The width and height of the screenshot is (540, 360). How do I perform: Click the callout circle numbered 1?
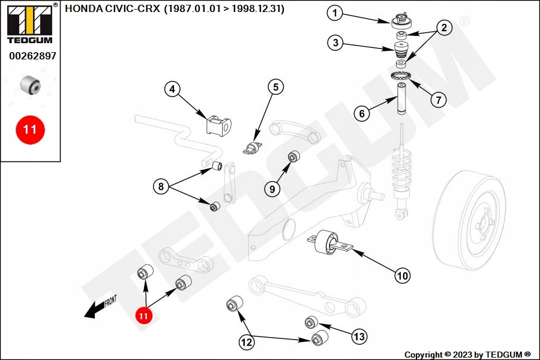335,12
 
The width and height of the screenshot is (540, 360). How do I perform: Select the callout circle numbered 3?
335,43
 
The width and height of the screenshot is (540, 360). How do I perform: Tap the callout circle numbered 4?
173,89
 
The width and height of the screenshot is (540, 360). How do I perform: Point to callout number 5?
275,87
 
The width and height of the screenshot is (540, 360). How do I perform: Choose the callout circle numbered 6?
362,112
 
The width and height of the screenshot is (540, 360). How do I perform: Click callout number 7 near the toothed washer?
438,99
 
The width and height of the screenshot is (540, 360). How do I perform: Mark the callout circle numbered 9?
272,189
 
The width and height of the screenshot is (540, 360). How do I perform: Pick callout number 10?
402,276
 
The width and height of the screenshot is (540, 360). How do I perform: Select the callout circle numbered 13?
359,337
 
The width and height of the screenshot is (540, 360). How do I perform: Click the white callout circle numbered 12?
247,343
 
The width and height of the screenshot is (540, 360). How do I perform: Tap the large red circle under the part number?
30,129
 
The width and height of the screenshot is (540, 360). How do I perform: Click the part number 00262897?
32,56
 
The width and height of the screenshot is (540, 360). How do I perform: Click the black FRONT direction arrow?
96,309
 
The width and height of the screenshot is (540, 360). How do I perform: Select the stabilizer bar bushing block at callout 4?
218,125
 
